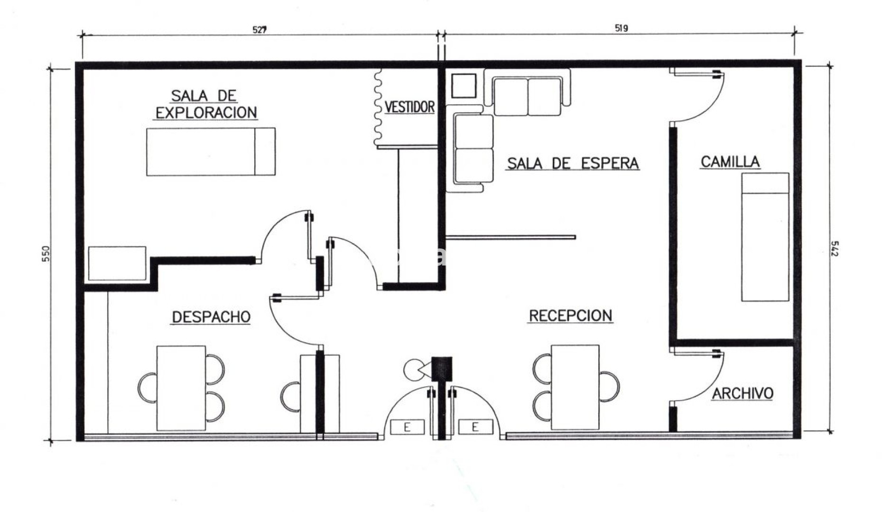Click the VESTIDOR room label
coord(409,107)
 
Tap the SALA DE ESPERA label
coord(573,163)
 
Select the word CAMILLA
coord(730,162)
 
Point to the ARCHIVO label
coord(743,393)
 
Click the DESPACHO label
coord(211,317)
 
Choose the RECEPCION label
coord(571,315)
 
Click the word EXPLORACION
coord(206,112)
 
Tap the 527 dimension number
coord(259,29)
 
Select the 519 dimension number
coord(621,28)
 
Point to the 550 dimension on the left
coord(46,253)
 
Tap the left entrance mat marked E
coord(407,427)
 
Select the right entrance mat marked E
coord(475,427)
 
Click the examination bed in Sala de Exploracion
coord(211,152)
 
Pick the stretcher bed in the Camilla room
coord(765,237)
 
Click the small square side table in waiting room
coord(464,86)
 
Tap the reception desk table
coord(575,387)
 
